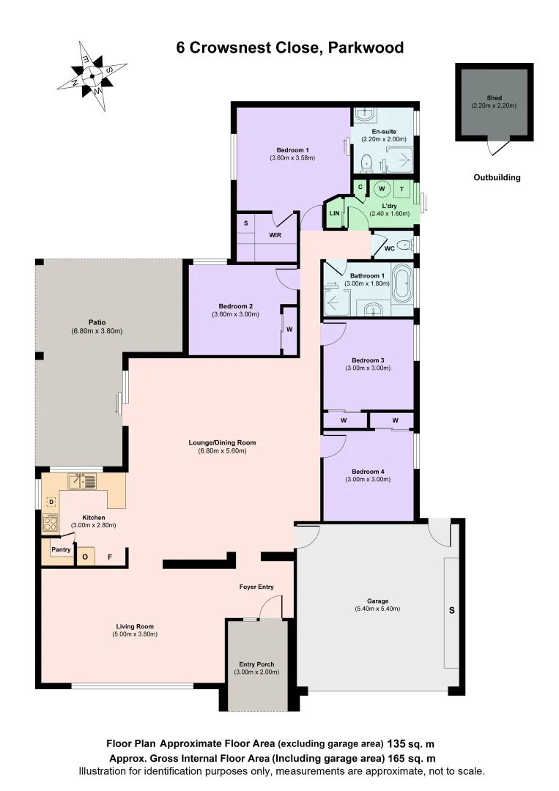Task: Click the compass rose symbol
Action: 92,74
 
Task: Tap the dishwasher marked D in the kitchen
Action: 51,502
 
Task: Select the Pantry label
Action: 59,548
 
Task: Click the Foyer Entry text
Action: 256,587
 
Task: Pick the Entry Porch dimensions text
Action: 256,672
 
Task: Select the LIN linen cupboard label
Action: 335,213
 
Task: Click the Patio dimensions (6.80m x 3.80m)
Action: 97,331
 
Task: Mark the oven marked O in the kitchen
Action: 85,557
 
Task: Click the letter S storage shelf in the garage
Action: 451,609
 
